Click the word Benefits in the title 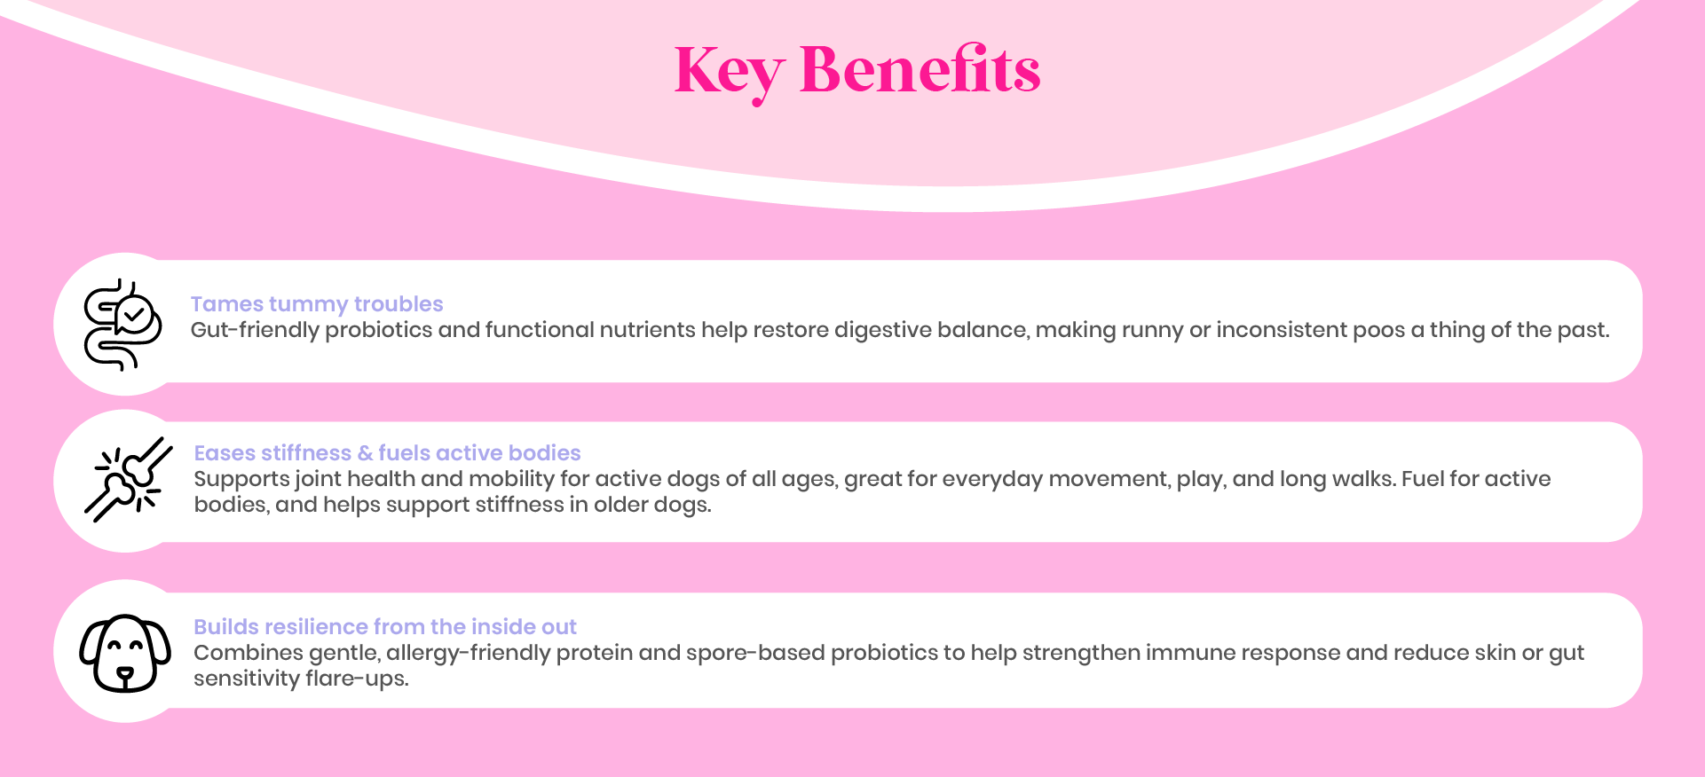click(920, 68)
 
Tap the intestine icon click(122, 325)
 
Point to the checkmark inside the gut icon click(134, 314)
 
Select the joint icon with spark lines click(128, 479)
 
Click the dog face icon click(125, 653)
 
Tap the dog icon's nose click(125, 674)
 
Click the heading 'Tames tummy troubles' click(317, 304)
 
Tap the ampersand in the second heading click(365, 453)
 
